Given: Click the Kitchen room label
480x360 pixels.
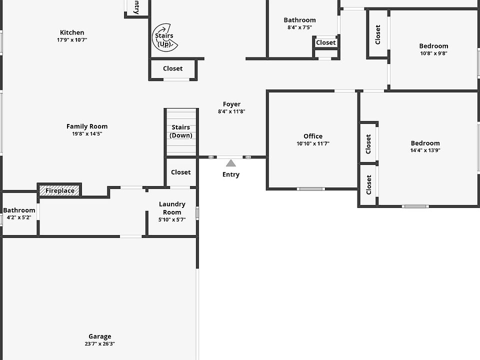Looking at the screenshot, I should (x=72, y=32).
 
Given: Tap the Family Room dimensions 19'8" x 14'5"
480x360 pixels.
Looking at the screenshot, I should (x=87, y=134).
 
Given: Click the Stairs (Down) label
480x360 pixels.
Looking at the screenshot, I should (x=181, y=131).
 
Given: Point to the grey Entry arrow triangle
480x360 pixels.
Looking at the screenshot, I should (x=230, y=163).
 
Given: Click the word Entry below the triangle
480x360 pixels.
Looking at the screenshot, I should (x=230, y=174).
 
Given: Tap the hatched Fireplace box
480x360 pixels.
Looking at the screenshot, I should (x=60, y=190).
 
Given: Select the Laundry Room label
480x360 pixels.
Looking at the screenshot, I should (x=172, y=208).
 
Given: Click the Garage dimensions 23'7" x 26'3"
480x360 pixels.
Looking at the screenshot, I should (x=100, y=344).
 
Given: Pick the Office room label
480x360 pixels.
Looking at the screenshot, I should (x=313, y=136).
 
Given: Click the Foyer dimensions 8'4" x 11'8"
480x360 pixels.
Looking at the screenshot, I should (x=231, y=112).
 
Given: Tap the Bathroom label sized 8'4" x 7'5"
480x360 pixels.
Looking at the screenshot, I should (x=299, y=20).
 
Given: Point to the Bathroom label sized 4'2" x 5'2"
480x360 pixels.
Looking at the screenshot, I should (x=19, y=210).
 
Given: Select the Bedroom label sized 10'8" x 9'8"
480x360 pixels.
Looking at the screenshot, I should (x=433, y=46).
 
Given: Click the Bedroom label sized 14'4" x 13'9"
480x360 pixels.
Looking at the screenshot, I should (x=425, y=143).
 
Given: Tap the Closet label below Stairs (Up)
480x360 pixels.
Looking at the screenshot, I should (x=172, y=68).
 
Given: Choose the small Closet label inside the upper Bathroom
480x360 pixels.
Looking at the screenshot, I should (x=326, y=42).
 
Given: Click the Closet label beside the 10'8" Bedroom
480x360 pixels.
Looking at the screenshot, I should (x=377, y=34).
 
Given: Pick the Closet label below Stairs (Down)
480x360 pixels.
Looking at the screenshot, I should (x=180, y=172).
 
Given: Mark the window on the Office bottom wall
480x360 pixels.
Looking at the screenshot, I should (x=310, y=189).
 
